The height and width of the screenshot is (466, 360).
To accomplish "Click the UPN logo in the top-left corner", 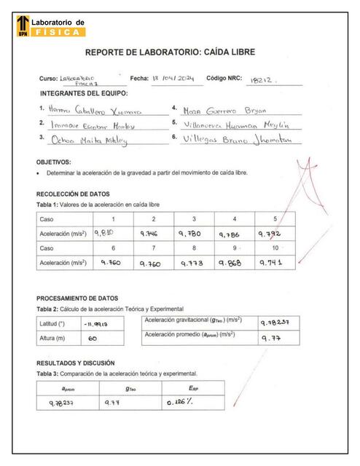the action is pyautogui.click(x=23, y=27).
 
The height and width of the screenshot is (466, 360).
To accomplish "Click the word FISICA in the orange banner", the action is pyautogui.click(x=58, y=32).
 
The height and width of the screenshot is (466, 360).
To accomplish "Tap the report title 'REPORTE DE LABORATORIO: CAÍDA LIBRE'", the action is pyautogui.click(x=179, y=52).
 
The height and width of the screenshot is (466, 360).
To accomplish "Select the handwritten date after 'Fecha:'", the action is pyautogui.click(x=171, y=78).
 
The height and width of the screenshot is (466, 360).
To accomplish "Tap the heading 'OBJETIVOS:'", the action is pyautogui.click(x=53, y=162).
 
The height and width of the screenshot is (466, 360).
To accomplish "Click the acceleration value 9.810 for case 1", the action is pyautogui.click(x=106, y=233).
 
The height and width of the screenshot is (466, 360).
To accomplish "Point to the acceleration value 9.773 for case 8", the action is pyautogui.click(x=193, y=265).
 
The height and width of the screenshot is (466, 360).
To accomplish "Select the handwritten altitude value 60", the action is pyautogui.click(x=93, y=339).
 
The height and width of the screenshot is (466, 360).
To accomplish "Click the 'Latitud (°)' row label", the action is pyautogui.click(x=52, y=323).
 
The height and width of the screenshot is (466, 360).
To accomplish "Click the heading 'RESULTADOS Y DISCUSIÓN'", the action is pyautogui.click(x=79, y=363).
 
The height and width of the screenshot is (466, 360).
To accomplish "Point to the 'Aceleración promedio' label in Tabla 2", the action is pyautogui.click(x=193, y=334).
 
